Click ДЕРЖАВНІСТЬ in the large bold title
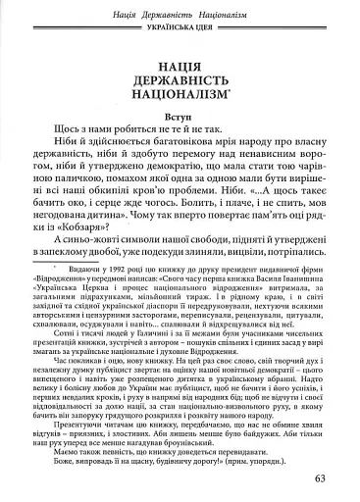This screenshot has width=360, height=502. [179, 85]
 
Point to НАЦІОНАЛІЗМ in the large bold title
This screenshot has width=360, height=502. [177, 102]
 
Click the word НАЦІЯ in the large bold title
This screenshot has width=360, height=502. [179, 68]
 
